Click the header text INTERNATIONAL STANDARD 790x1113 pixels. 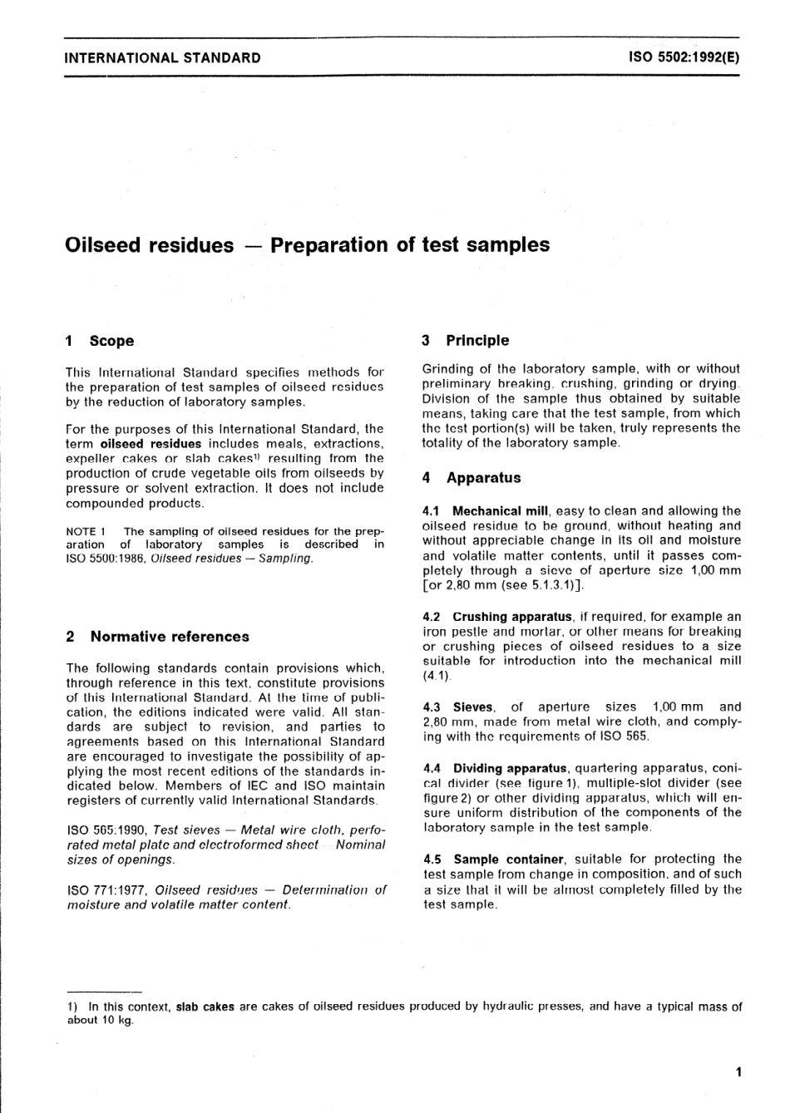(162, 58)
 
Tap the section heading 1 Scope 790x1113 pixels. (100, 341)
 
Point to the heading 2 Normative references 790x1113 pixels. (157, 637)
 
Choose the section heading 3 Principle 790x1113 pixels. (466, 340)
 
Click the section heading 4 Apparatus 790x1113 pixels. (472, 478)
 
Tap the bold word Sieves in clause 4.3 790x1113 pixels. (472, 707)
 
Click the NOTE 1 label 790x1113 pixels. (86, 531)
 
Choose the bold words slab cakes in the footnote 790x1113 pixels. (205, 1007)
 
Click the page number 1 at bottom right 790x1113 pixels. (738, 1072)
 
